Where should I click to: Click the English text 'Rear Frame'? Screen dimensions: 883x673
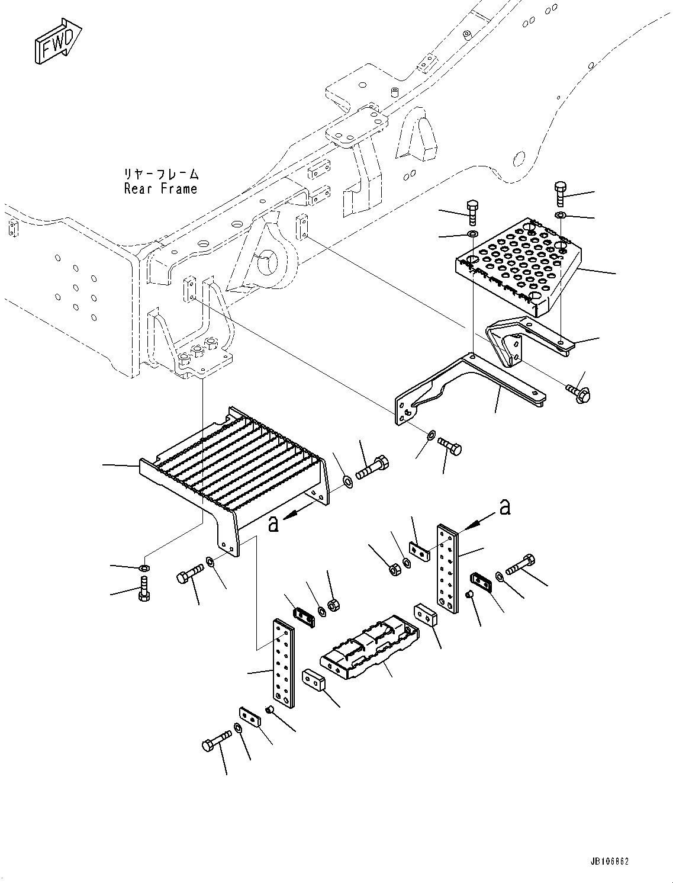coord(160,189)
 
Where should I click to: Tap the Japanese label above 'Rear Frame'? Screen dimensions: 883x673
coord(160,174)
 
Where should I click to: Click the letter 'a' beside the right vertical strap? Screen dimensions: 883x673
coord(504,507)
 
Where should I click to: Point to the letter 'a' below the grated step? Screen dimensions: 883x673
coord(273,523)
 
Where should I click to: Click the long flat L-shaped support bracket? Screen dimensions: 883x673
coord(462,385)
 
